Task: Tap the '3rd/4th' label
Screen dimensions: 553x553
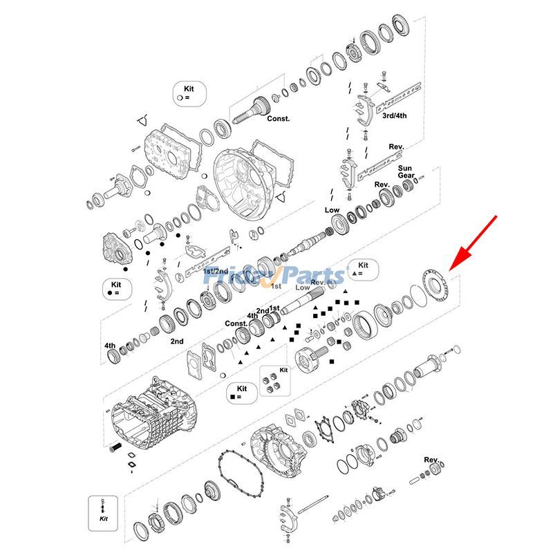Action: (395, 115)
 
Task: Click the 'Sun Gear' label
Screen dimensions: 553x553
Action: (405, 172)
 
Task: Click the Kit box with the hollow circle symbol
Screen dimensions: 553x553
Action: (189, 93)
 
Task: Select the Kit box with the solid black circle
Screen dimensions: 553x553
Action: (115, 288)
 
